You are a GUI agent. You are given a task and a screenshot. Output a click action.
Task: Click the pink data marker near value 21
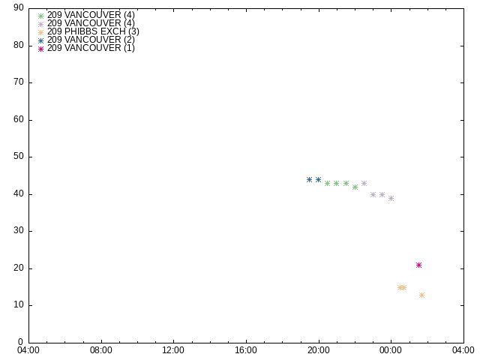418,265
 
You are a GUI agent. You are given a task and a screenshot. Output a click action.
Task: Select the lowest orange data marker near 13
421,295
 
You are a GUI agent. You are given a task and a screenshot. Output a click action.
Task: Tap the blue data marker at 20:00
318,180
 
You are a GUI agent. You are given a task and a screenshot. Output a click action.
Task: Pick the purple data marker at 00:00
391,198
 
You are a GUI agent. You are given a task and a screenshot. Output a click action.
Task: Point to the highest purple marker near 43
364,183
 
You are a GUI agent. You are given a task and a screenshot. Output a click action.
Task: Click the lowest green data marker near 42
355,187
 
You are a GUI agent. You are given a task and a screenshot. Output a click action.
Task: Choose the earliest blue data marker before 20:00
309,180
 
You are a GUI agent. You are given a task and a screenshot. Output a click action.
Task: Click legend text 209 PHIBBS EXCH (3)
93,31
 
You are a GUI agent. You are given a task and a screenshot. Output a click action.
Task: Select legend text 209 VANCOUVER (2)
91,40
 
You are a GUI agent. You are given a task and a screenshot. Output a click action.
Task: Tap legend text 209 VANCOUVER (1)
91,48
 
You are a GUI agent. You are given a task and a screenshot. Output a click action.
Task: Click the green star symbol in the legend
40,16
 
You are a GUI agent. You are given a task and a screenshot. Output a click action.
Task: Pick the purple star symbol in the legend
40,24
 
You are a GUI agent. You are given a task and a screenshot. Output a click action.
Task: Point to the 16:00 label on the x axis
246,350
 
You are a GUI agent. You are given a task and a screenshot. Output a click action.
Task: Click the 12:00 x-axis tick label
173,350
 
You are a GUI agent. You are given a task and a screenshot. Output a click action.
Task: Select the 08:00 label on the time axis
100,350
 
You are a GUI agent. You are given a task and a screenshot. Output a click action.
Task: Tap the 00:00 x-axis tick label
391,350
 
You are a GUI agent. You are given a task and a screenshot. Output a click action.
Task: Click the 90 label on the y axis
19,8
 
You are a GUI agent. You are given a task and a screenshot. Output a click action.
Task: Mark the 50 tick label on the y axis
19,157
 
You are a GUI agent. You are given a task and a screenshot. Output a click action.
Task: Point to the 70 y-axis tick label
19,82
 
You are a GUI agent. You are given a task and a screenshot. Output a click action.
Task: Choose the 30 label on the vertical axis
19,230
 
